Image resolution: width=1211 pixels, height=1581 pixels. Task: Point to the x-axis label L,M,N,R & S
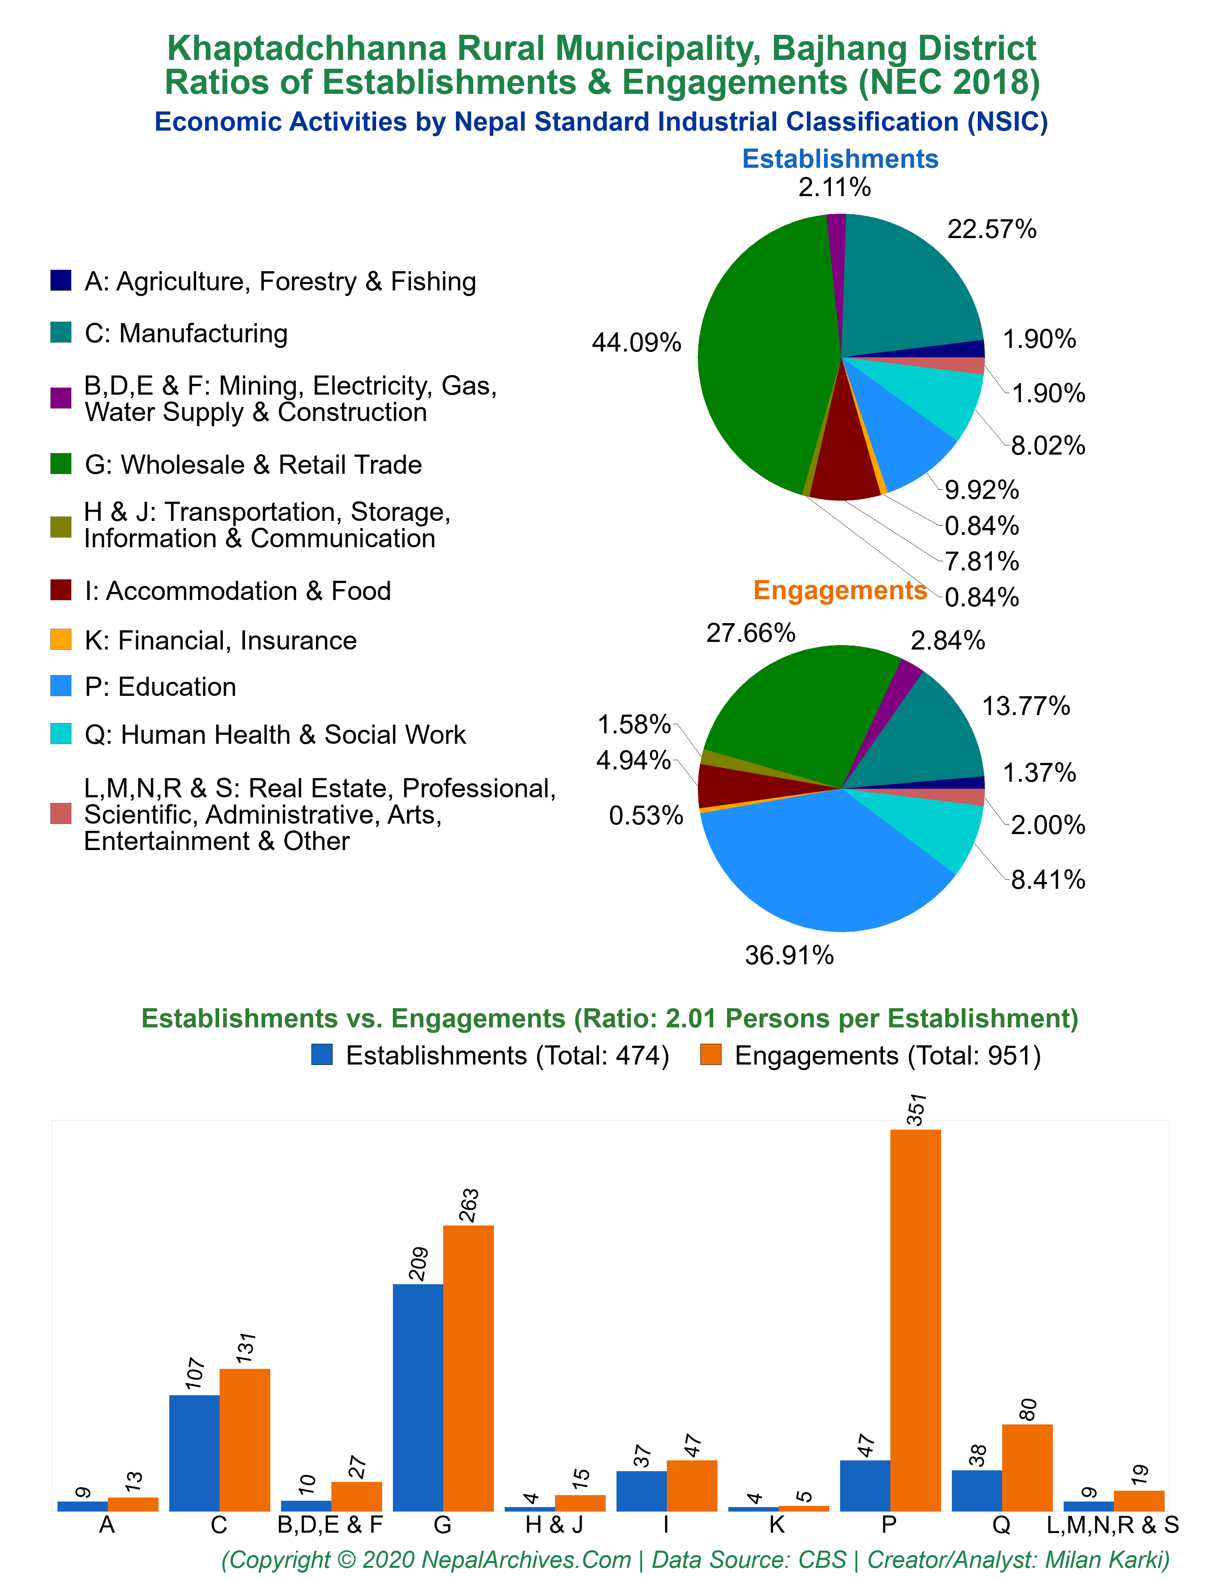[1112, 1525]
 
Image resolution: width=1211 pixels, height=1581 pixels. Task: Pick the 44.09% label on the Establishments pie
[636, 342]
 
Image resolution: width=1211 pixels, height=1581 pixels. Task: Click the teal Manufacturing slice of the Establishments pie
[908, 288]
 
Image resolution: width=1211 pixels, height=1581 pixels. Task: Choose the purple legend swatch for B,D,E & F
[61, 398]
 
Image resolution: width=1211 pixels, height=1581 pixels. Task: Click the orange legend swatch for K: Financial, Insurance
[61, 640]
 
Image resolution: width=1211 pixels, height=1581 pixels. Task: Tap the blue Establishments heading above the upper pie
[840, 159]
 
